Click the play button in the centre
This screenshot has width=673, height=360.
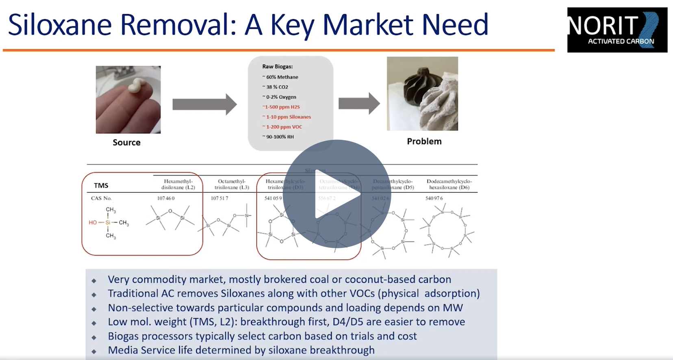tap(336, 194)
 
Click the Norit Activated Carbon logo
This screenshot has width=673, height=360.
tap(617, 30)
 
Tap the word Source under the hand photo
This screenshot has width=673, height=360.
tap(126, 143)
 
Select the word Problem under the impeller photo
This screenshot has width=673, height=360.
tap(424, 141)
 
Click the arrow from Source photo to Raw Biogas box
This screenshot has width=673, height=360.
tap(204, 104)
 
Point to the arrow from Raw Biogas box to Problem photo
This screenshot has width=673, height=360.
tap(359, 103)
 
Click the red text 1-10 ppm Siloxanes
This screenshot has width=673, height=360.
tap(288, 117)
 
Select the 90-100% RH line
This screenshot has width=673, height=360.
tap(280, 137)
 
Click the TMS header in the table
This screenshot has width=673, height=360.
tap(101, 186)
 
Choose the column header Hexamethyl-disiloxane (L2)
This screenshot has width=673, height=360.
tap(178, 184)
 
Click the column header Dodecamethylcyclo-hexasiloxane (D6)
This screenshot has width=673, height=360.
tap(449, 184)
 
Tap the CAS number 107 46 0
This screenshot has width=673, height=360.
tap(166, 198)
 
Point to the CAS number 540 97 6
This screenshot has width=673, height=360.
tap(434, 198)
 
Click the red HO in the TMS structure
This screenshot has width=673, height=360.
tap(93, 223)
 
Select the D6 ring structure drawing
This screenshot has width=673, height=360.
tap(447, 230)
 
